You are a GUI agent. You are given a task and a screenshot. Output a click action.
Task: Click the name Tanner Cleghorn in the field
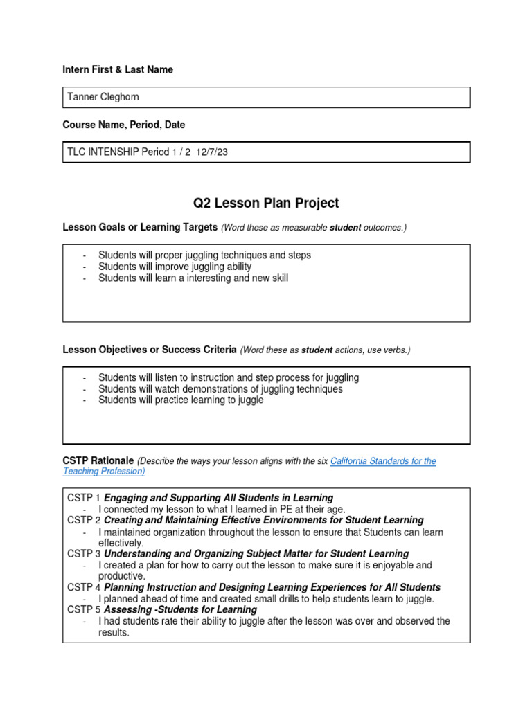[103, 97]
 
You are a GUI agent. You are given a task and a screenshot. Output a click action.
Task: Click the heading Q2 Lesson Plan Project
[266, 203]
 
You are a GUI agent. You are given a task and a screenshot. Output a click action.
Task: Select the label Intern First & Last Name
[118, 70]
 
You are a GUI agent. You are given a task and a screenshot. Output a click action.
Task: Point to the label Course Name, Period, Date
[123, 125]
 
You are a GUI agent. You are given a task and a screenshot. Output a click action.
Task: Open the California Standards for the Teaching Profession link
[383, 461]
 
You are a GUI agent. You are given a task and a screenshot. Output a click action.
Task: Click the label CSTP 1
[84, 498]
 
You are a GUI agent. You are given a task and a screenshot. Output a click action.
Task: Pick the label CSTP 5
[84, 609]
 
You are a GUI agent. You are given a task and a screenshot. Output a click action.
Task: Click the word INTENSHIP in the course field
[113, 152]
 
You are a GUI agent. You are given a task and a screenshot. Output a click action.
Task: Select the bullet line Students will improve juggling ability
[175, 267]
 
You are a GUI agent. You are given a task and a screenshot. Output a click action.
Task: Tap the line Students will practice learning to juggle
[181, 400]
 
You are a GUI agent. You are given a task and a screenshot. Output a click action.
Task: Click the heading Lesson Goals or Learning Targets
[140, 228]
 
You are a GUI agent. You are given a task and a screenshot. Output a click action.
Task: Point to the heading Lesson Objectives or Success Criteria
[150, 350]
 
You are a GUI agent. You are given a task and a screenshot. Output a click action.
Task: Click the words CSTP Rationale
[98, 460]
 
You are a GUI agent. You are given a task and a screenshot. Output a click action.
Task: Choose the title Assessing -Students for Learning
[180, 609]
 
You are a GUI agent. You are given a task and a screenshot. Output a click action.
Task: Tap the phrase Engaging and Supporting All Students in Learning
[218, 498]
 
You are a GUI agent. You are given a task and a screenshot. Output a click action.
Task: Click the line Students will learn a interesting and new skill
[193, 278]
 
